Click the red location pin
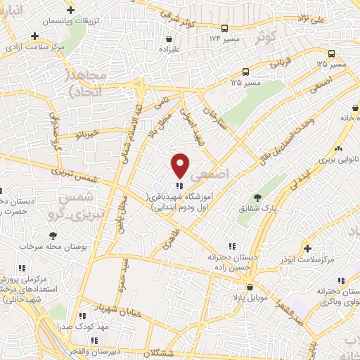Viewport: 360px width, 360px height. pos(181,165)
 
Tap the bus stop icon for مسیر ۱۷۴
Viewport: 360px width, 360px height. pos(224,29)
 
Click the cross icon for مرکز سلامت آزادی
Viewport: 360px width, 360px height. pos(34,36)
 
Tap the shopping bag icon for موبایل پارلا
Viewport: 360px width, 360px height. pos(250,287)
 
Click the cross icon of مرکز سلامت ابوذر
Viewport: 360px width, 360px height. pos(307,247)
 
